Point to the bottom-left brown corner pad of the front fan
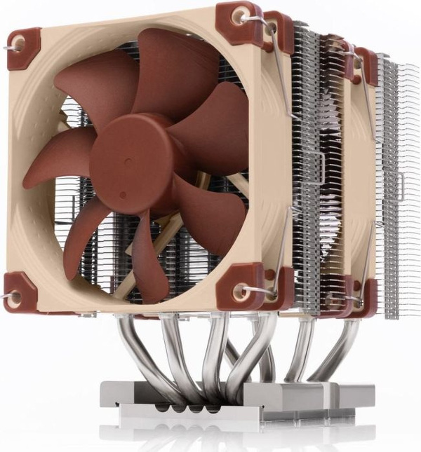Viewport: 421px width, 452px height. (x=21, y=291)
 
